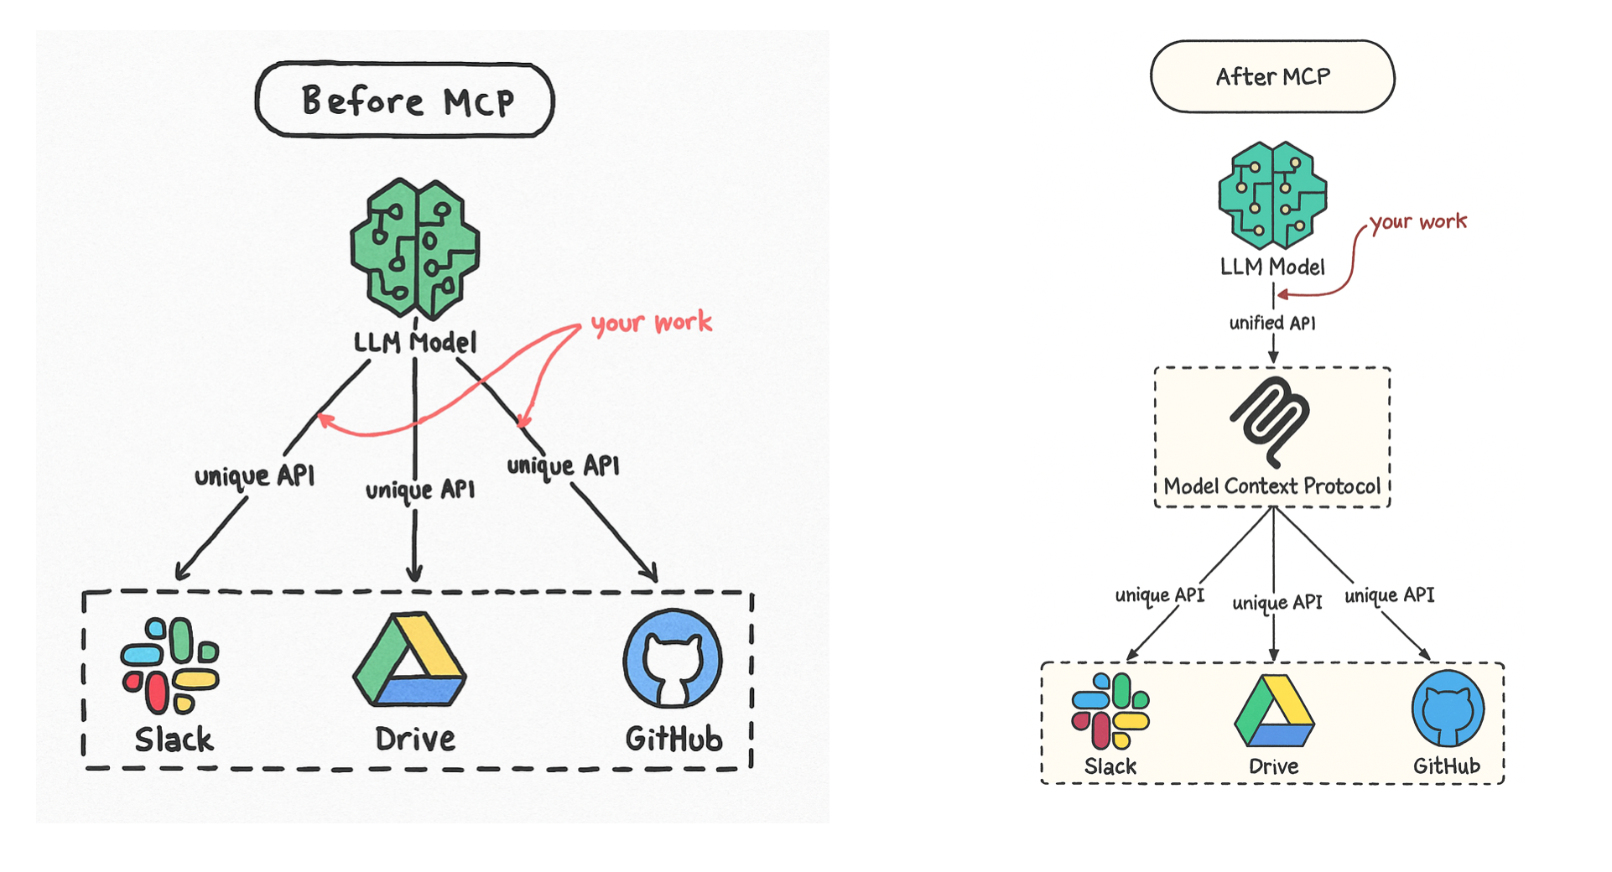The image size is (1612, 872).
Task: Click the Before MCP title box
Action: pyautogui.click(x=404, y=100)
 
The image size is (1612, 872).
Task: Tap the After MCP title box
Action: pyautogui.click(x=1272, y=76)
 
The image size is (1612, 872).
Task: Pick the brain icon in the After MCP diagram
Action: pyautogui.click(x=1272, y=195)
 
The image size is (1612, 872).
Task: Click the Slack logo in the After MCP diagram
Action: pyautogui.click(x=1110, y=711)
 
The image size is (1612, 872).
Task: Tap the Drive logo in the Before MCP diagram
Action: pyautogui.click(x=409, y=660)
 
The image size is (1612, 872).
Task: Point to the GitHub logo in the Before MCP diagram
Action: pyautogui.click(x=673, y=658)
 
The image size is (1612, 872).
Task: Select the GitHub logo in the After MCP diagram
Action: pyautogui.click(x=1448, y=708)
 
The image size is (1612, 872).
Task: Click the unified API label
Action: pyautogui.click(x=1272, y=323)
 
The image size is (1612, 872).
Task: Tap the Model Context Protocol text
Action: pyautogui.click(x=1271, y=486)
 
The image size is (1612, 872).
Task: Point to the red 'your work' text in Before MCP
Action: pyautogui.click(x=652, y=323)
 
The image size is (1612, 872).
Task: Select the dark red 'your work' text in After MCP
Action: pyautogui.click(x=1418, y=222)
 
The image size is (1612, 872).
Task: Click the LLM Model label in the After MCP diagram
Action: pyautogui.click(x=1272, y=267)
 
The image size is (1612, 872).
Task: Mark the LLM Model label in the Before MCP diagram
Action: pyautogui.click(x=415, y=342)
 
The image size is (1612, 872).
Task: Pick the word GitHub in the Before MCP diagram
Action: pyautogui.click(x=673, y=740)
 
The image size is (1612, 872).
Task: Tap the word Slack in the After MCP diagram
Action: pyautogui.click(x=1110, y=766)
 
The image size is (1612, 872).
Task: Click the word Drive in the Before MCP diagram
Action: pyautogui.click(x=415, y=740)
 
